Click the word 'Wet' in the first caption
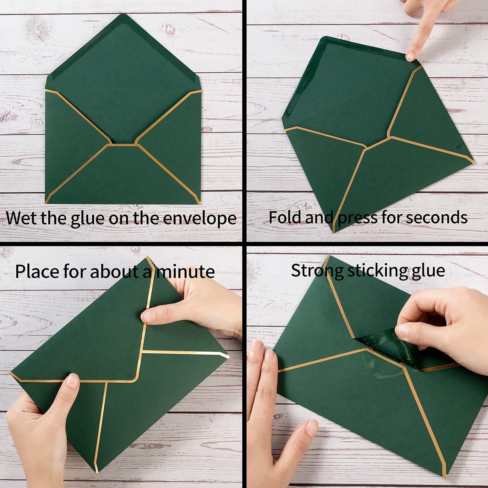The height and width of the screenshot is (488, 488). [x=21, y=218]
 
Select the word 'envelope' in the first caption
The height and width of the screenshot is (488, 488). [x=199, y=219]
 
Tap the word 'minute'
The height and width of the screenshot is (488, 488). [x=185, y=272]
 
